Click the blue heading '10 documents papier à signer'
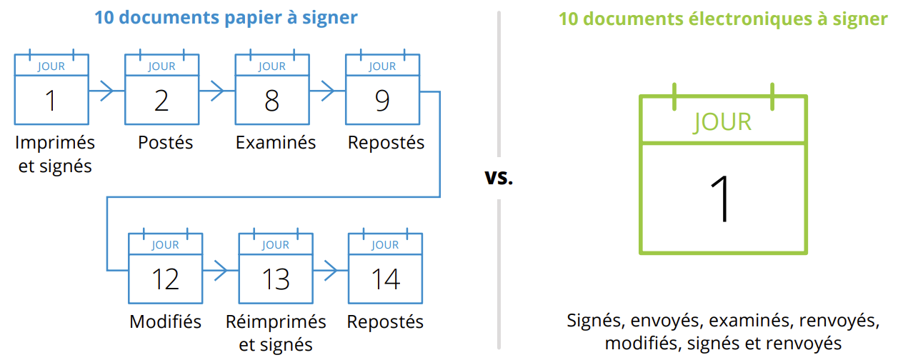pyautogui.click(x=226, y=17)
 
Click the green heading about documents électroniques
pyautogui.click(x=722, y=19)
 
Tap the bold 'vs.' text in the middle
pyautogui.click(x=499, y=177)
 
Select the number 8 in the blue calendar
pyautogui.click(x=271, y=101)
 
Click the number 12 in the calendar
pyautogui.click(x=165, y=279)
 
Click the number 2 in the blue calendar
pyautogui.click(x=161, y=101)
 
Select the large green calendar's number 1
pyautogui.click(x=723, y=199)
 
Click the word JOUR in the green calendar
pyautogui.click(x=722, y=122)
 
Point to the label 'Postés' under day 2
pyautogui.click(x=165, y=142)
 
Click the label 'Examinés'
pyautogui.click(x=276, y=142)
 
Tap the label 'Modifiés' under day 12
pyautogui.click(x=165, y=321)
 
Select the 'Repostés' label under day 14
pyautogui.click(x=385, y=321)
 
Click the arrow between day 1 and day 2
pyautogui.click(x=106, y=91)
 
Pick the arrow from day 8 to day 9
pyautogui.click(x=326, y=91)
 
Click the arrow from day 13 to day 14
pyautogui.click(x=329, y=269)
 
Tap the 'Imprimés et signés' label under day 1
pyautogui.click(x=54, y=154)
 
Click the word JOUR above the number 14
pyautogui.click(x=385, y=245)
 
